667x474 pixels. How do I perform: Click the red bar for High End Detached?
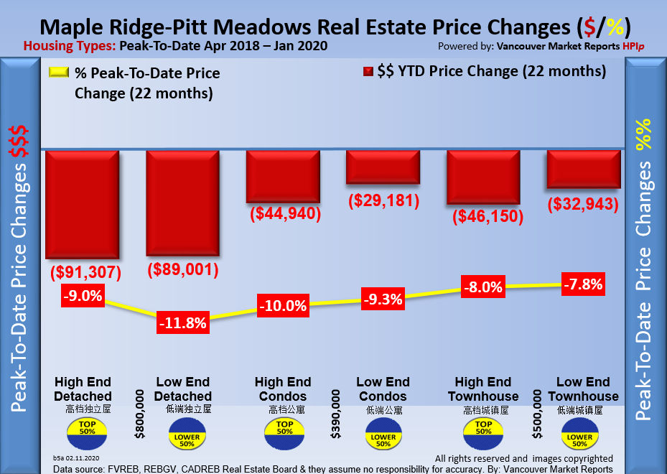[81, 204]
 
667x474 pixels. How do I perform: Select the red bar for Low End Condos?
[383, 167]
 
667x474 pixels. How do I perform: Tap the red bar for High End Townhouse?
[483, 177]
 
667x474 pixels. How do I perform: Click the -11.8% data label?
[183, 323]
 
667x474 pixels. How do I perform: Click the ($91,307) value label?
[85, 273]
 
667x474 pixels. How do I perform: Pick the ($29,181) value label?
[383, 200]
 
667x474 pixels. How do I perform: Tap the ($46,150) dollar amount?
[488, 218]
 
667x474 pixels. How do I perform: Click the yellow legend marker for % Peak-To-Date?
[58, 73]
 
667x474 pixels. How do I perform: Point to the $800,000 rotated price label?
[139, 414]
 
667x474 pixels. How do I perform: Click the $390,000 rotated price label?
[336, 414]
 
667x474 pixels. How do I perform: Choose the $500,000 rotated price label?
[537, 414]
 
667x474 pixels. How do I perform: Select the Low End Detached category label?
[183, 389]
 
